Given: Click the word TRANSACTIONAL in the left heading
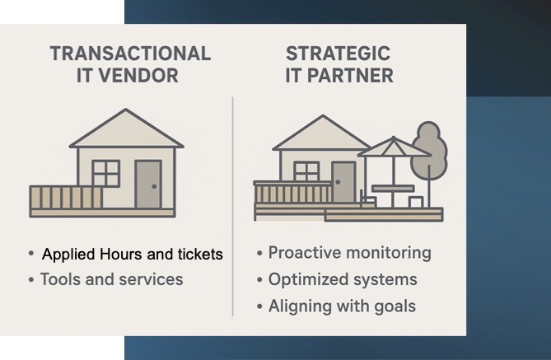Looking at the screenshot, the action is (x=130, y=54).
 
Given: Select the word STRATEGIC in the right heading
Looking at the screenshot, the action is (x=338, y=54).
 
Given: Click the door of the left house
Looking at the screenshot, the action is (x=148, y=185).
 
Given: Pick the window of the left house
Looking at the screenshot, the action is (x=105, y=173).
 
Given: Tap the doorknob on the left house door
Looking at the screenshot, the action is (x=154, y=186).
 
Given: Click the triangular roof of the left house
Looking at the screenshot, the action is (x=127, y=132).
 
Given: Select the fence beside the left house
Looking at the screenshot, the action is (x=66, y=197).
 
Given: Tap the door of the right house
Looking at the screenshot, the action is (x=343, y=182).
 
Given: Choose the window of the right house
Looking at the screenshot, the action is (x=306, y=172).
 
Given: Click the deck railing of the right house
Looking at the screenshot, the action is (x=292, y=192).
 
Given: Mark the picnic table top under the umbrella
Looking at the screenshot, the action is (x=393, y=189).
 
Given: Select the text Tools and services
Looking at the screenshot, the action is (x=112, y=279).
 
